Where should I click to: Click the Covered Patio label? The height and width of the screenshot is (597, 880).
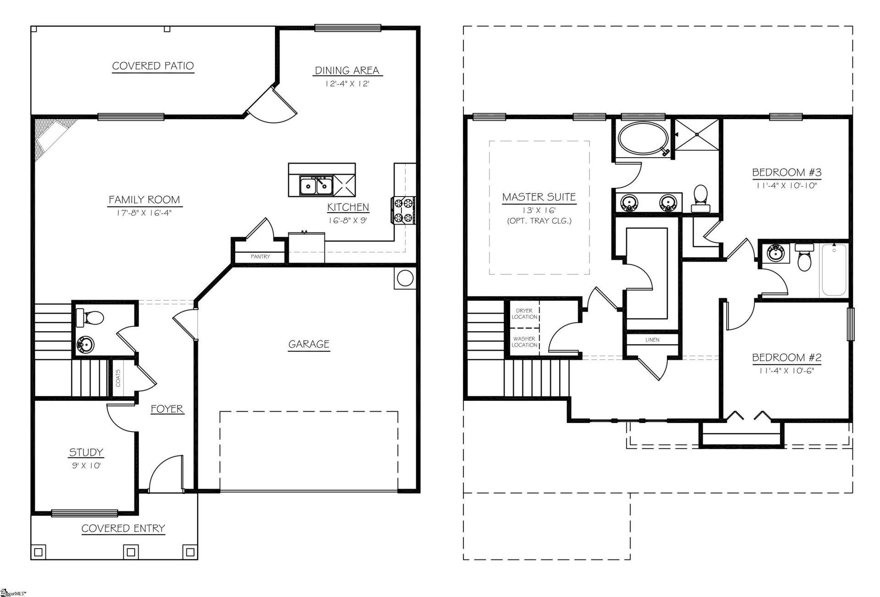pyautogui.click(x=153, y=66)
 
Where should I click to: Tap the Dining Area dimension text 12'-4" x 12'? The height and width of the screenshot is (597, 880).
pyautogui.click(x=347, y=84)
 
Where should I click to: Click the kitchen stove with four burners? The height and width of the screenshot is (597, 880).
pyautogui.click(x=403, y=210)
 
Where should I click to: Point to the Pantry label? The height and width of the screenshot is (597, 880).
pyautogui.click(x=260, y=257)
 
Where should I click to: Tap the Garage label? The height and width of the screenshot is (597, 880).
pyautogui.click(x=308, y=344)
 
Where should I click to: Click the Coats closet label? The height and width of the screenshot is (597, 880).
pyautogui.click(x=118, y=378)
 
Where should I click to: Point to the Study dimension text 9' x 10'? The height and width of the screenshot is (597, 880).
pyautogui.click(x=86, y=466)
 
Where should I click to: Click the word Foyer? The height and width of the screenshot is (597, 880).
pyautogui.click(x=167, y=409)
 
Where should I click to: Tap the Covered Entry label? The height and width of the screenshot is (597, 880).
pyautogui.click(x=123, y=528)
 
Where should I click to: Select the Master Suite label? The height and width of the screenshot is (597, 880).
pyautogui.click(x=539, y=197)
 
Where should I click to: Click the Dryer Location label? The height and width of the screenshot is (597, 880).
pyautogui.click(x=524, y=314)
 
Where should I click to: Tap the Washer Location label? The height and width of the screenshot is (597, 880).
pyautogui.click(x=524, y=342)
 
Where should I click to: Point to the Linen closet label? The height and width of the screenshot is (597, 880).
pyautogui.click(x=652, y=340)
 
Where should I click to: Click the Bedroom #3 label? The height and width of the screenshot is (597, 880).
pyautogui.click(x=786, y=173)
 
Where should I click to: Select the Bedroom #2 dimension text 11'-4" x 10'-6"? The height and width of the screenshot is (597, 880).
pyautogui.click(x=786, y=371)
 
